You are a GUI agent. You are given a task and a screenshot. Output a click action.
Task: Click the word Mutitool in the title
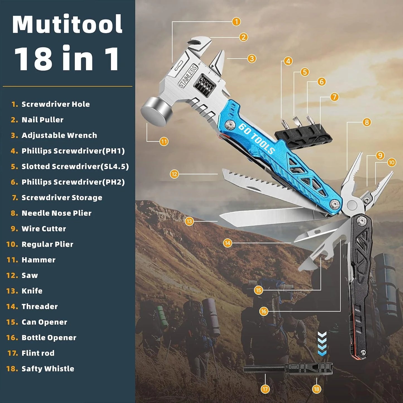tap(67, 25)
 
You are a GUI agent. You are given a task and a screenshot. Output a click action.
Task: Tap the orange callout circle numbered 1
tap(236, 21)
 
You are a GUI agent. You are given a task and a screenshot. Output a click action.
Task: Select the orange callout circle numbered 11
tap(164, 141)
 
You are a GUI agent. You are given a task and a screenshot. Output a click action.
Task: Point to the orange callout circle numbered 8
tap(367, 122)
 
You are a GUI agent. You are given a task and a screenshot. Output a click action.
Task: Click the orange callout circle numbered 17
tap(265, 389)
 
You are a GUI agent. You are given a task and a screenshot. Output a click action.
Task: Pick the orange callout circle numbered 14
tap(228, 243)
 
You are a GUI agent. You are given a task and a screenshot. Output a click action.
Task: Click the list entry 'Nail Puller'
tap(42, 120)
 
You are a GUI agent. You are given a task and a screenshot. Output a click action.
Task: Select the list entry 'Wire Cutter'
tap(44, 229)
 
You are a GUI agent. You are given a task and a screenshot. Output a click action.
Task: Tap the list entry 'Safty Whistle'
tap(48, 369)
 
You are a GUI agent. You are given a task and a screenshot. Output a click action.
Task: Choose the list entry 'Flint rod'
tap(38, 353)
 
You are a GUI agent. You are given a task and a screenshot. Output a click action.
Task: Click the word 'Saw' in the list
tap(30, 275)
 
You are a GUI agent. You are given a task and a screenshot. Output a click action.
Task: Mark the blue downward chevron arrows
tap(322, 344)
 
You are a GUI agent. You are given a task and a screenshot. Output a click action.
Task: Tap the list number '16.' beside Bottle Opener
tap(12, 337)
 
